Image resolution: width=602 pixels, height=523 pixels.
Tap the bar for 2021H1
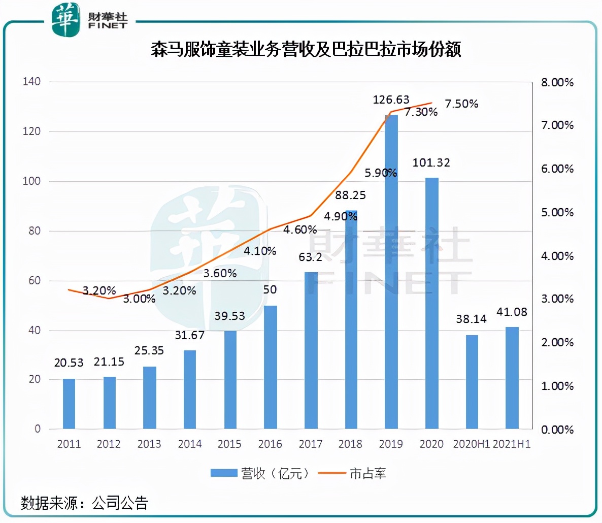[512, 378]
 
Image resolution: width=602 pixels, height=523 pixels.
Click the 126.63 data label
[391, 100]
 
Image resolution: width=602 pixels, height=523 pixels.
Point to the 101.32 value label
[431, 162]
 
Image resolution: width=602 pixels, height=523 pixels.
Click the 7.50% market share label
[461, 104]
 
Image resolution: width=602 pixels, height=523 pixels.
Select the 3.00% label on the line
[139, 299]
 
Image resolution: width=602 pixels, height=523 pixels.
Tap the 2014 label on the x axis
[189, 444]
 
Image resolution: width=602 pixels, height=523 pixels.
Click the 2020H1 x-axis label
[471, 444]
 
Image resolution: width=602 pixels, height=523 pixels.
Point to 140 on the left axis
[31, 81]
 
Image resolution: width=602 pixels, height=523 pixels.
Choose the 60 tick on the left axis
[34, 280]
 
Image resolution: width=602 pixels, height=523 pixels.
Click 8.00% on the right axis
[557, 82]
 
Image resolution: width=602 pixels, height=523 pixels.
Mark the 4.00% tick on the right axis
[557, 256]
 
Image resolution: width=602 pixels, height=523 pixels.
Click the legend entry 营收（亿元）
[260, 474]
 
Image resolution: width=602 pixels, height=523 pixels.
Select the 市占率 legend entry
[352, 474]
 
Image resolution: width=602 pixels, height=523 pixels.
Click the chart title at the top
[306, 50]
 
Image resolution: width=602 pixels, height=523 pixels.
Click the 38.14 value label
[471, 319]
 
